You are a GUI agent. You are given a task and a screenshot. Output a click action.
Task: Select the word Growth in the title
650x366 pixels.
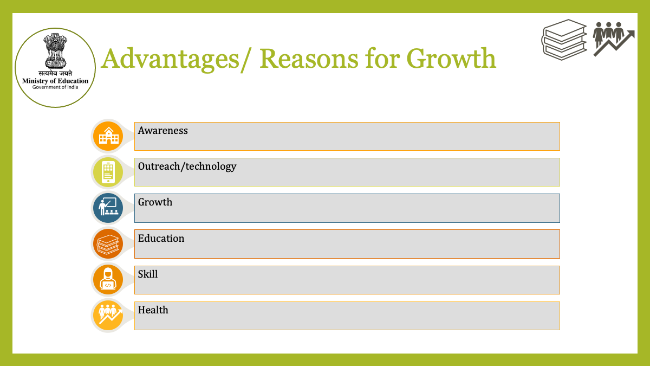click(x=451, y=59)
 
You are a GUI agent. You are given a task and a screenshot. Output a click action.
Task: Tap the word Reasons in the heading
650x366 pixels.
click(x=309, y=59)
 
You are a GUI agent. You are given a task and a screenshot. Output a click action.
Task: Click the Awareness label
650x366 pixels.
click(x=162, y=131)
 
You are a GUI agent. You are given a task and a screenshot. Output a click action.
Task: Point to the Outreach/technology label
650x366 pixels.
click(x=187, y=166)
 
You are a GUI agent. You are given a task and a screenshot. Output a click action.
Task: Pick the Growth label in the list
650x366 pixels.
click(x=155, y=202)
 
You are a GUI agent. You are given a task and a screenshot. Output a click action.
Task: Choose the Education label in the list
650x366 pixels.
click(x=161, y=238)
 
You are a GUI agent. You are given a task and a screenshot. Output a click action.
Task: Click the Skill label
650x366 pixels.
click(x=148, y=274)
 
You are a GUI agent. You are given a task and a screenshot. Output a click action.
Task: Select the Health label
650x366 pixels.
click(x=153, y=310)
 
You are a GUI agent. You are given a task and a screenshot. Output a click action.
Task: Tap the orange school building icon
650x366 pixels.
click(x=108, y=136)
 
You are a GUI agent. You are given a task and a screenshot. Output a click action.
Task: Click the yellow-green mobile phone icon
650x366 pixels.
click(x=108, y=172)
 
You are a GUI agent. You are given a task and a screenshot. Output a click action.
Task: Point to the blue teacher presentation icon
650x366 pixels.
click(x=108, y=208)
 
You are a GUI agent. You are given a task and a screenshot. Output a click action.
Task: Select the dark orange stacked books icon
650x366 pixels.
click(x=108, y=243)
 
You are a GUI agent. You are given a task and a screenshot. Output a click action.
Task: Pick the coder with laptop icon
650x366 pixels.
click(x=108, y=279)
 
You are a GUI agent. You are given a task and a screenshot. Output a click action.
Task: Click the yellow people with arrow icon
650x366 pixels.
click(x=108, y=316)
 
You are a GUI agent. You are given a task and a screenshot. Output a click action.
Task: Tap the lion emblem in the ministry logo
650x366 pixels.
click(x=55, y=51)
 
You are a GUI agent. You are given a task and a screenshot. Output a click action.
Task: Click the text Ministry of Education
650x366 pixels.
click(x=55, y=81)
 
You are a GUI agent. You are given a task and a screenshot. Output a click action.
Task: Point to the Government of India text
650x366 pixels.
click(x=55, y=87)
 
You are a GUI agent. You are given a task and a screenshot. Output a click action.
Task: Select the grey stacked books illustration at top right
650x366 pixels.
click(x=564, y=40)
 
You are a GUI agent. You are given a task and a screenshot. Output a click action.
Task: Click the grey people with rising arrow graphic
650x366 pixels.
click(x=613, y=39)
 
